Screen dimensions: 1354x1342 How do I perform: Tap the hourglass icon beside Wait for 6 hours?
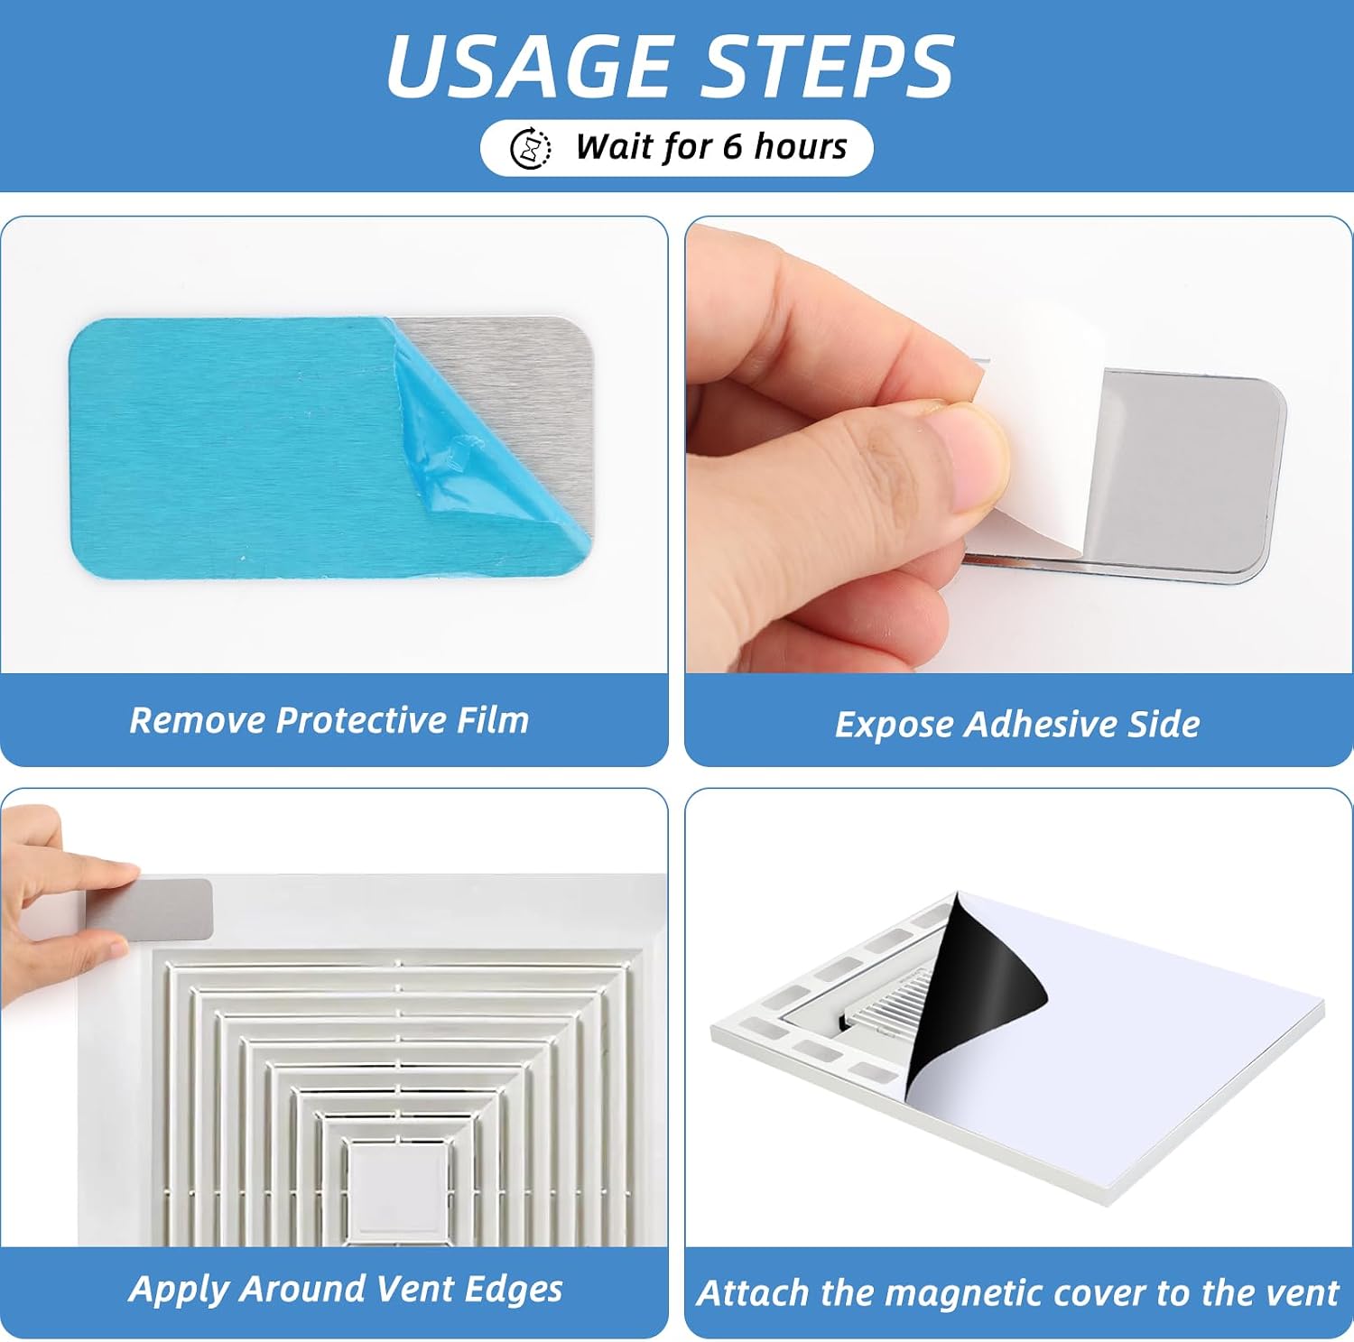point(531,148)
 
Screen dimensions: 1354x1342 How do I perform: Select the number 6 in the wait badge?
point(732,146)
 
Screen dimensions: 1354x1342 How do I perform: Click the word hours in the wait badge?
point(801,146)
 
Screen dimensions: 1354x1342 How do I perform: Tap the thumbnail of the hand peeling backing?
point(1019,445)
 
